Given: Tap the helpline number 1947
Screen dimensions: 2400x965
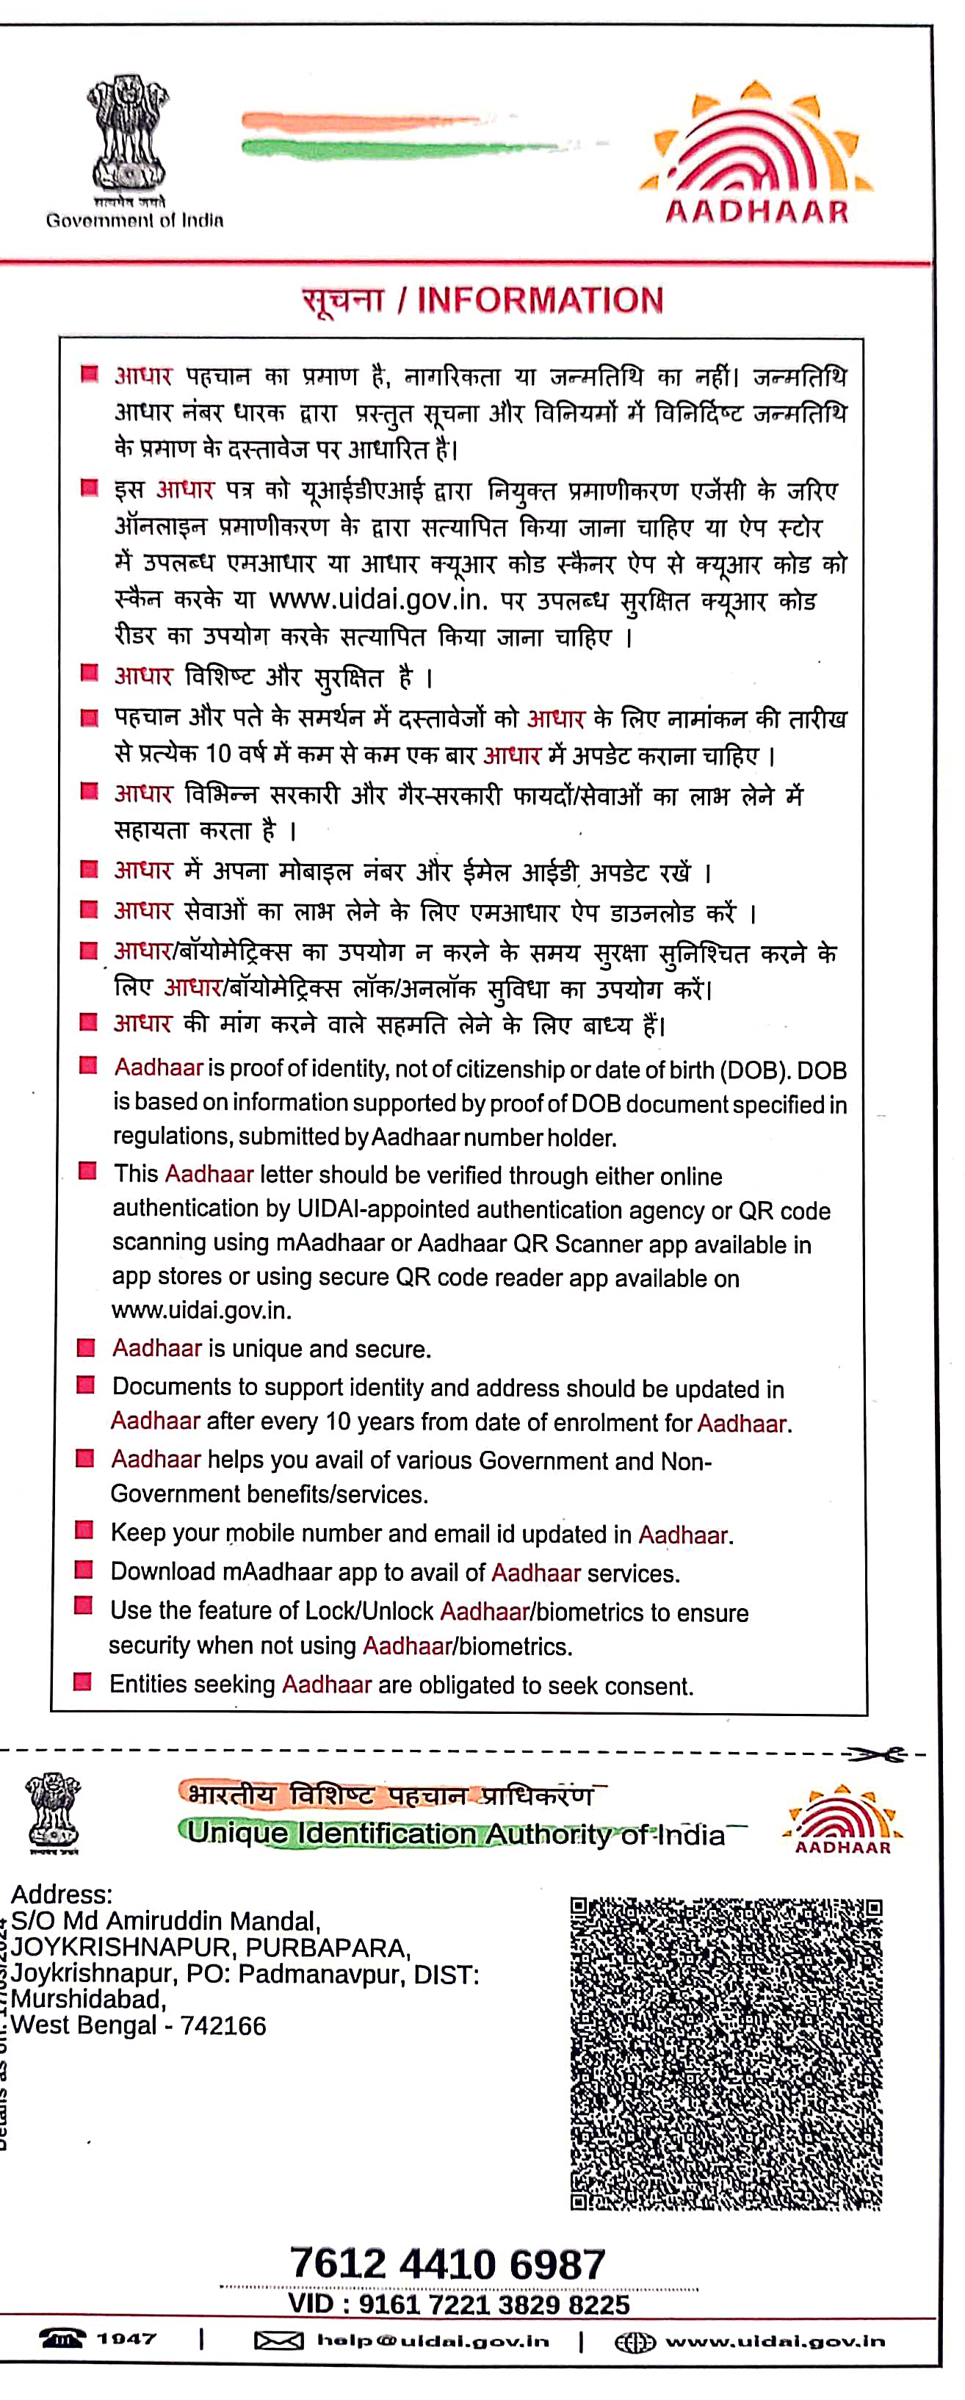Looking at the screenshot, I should point(126,2338).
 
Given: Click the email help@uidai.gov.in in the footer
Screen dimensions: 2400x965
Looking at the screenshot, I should point(433,2340).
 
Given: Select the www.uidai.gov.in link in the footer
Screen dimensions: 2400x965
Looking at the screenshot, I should point(774,2340).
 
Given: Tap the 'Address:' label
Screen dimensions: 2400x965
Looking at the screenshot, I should point(62,1894).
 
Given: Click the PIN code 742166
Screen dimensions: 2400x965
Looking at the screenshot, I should point(223,2025).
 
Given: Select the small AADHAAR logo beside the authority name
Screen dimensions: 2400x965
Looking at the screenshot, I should point(842,1820).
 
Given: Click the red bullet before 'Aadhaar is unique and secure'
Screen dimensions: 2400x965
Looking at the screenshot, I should point(86,1347).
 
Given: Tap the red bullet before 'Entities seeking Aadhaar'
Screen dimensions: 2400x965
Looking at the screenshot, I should point(83,1682).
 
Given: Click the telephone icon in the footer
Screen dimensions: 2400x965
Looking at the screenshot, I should point(62,2338).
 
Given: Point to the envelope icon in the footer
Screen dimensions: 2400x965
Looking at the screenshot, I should point(278,2340).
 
